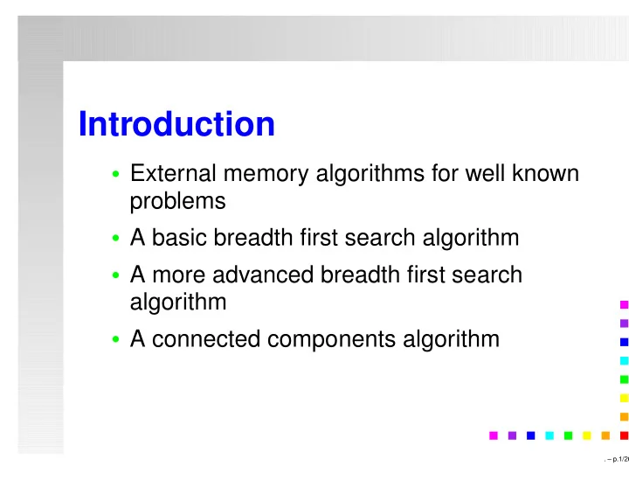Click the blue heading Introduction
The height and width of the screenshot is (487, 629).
[x=176, y=123]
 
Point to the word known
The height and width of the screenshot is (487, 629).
[x=545, y=173]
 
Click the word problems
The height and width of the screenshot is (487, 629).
[x=177, y=202]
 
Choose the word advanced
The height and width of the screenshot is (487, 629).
[x=263, y=275]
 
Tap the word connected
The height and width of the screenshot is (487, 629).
[x=206, y=339]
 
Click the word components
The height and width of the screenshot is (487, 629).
[x=332, y=340]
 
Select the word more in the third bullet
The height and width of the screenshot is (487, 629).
[x=179, y=276]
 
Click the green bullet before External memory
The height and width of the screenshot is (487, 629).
[x=116, y=174]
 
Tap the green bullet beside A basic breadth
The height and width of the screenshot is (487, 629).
[x=116, y=238]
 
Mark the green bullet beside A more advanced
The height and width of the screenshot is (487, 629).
[x=116, y=275]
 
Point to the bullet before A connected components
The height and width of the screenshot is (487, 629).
[x=116, y=339]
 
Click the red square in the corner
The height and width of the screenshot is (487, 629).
[x=624, y=435]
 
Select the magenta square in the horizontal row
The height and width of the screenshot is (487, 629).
[x=494, y=435]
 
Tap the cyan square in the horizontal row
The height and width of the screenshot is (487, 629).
[x=550, y=435]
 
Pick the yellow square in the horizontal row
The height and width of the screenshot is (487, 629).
[x=587, y=435]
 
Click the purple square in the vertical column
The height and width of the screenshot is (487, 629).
[x=624, y=324]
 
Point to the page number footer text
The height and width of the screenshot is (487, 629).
[x=617, y=459]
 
